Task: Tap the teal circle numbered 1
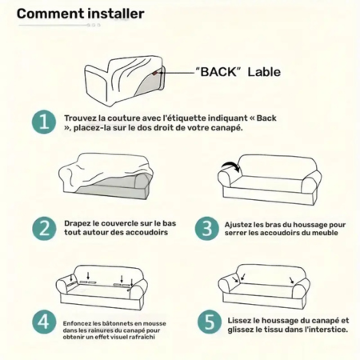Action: (x=44, y=122)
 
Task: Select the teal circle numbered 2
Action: (x=44, y=229)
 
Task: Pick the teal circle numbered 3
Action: (x=207, y=229)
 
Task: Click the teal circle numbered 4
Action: (x=44, y=322)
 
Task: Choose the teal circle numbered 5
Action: (x=210, y=322)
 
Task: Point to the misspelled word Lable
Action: (x=264, y=72)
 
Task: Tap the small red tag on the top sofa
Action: (x=155, y=73)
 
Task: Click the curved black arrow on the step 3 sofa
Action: (x=230, y=164)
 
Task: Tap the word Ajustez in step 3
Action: (x=235, y=225)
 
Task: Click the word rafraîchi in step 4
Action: (x=142, y=337)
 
